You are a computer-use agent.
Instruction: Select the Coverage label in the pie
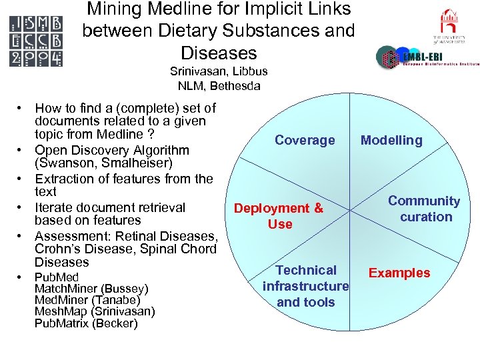tap(305, 140)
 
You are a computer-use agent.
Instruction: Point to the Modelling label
tap(391, 140)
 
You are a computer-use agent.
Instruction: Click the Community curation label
tap(425, 209)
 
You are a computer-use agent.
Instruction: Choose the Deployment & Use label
tap(279, 216)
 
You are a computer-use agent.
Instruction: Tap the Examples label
tap(399, 273)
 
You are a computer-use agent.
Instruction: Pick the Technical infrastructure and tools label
tap(305, 286)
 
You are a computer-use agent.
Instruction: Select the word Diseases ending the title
tap(218, 53)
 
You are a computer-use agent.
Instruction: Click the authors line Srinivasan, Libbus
tap(219, 71)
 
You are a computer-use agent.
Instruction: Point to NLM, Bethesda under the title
tap(219, 85)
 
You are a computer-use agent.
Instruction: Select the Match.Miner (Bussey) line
tap(91, 289)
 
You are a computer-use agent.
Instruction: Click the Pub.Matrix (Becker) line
tap(86, 323)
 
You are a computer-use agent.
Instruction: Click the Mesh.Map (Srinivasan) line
tap(95, 311)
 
